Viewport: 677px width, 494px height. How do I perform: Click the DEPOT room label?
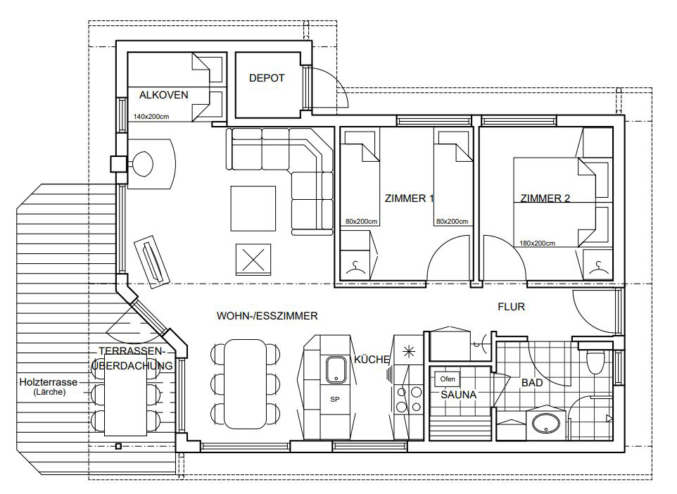267,78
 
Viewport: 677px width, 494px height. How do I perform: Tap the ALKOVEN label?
164,95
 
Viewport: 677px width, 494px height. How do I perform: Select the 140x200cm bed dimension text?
151,117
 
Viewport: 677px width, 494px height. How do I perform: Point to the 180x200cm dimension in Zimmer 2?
537,243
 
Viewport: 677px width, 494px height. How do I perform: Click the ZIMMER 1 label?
409,198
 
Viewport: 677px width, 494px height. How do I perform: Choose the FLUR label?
511,307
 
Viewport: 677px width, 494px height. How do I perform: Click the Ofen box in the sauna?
448,379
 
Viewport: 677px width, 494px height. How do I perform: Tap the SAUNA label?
459,395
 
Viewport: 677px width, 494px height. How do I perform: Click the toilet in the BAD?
596,361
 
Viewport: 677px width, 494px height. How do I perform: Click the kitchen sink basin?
336,369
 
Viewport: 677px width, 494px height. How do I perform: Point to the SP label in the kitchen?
334,400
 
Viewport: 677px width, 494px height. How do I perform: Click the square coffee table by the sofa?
253,208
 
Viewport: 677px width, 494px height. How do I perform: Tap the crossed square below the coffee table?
253,260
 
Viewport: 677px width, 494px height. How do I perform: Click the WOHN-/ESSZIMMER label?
267,316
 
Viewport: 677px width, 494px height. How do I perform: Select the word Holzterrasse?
49,382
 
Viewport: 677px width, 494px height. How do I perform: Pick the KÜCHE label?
372,360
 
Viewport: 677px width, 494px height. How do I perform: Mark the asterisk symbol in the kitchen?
408,352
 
